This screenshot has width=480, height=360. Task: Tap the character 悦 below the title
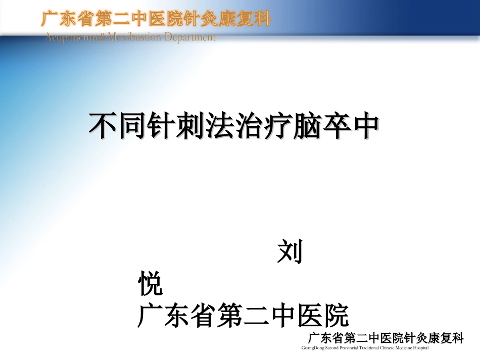click(x=150, y=284)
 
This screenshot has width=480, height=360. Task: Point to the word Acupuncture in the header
click(x=68, y=37)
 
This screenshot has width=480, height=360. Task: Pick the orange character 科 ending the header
click(x=262, y=19)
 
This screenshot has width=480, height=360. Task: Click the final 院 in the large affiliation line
click(x=337, y=316)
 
